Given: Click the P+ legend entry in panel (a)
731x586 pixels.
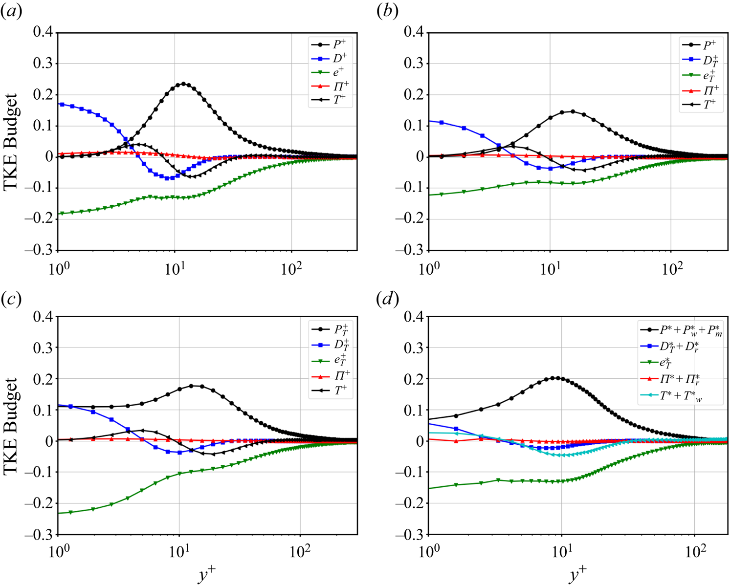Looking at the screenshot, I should point(339,44).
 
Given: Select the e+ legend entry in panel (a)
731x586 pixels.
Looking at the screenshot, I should point(338,72).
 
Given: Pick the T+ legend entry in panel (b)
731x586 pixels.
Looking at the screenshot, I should point(709,103).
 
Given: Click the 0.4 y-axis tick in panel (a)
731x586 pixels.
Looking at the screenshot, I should point(43,32).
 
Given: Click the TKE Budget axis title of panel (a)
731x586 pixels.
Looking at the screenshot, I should point(11,141).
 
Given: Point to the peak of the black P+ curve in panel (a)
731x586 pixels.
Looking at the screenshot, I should point(184,84).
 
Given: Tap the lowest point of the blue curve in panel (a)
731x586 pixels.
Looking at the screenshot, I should point(168,178).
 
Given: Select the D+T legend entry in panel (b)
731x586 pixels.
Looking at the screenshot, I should point(710,61).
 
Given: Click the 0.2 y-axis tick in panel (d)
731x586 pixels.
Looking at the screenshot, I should point(414,379).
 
